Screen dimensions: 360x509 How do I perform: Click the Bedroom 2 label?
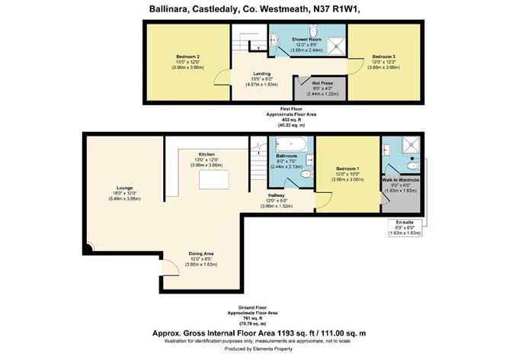click(187, 57)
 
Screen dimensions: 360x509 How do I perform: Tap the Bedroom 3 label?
click(383, 57)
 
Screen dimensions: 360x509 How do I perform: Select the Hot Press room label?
click(320, 83)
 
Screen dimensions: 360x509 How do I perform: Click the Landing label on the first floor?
click(262, 75)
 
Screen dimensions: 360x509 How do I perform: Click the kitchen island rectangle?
click(210, 179)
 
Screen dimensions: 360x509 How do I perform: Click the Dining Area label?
click(203, 255)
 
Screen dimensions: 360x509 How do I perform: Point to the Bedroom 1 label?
click(347, 169)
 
